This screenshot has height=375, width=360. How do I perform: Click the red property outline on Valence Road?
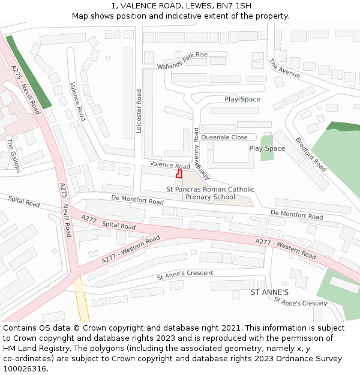(179, 174)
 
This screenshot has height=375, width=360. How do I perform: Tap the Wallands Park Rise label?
(182, 60)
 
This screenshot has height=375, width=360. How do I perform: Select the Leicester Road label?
(139, 111)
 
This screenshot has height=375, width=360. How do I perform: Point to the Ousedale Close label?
(224, 137)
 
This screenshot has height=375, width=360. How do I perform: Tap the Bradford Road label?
(311, 154)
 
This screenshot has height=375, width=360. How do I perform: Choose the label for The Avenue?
(284, 68)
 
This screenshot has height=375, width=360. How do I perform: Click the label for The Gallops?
(13, 155)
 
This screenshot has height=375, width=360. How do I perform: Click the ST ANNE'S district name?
(269, 292)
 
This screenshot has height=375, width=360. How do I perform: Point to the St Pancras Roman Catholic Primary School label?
(210, 193)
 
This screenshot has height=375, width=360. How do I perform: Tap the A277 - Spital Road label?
(108, 223)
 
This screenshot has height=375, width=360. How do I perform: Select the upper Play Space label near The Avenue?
(242, 99)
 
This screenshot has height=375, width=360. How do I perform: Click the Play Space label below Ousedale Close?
(267, 148)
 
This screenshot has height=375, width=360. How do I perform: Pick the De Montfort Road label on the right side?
(296, 214)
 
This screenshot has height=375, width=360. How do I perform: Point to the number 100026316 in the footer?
(24, 369)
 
